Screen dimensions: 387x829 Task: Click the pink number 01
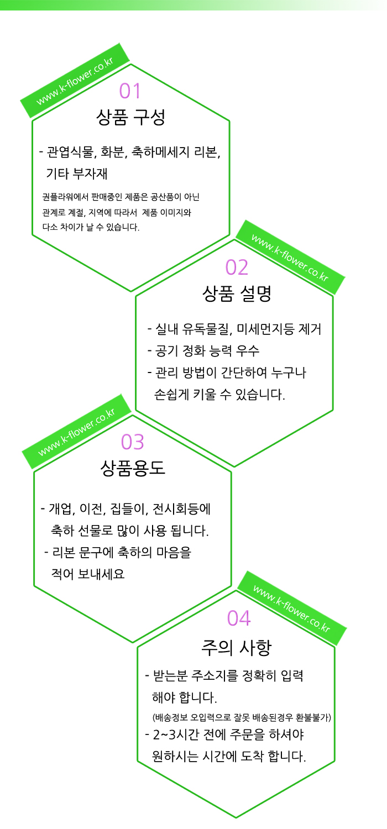[129, 91]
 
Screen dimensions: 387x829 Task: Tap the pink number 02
[237, 267]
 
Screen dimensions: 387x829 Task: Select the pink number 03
[132, 442]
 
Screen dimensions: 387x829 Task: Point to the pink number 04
[239, 618]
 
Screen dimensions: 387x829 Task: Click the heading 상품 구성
[130, 117]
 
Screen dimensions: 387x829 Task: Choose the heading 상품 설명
[237, 293]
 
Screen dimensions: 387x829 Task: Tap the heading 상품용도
[133, 468]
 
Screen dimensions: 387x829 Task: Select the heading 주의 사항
[237, 648]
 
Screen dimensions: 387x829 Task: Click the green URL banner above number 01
[75, 81]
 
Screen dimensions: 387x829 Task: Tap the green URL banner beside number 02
[290, 258]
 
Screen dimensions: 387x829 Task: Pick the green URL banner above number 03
[77, 432]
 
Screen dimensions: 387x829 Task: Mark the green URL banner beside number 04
[292, 608]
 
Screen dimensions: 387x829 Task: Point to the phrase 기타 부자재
[77, 174]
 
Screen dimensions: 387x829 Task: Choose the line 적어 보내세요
[88, 574]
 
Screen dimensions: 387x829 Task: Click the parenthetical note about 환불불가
[242, 717]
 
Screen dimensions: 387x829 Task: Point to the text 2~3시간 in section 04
[176, 734]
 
